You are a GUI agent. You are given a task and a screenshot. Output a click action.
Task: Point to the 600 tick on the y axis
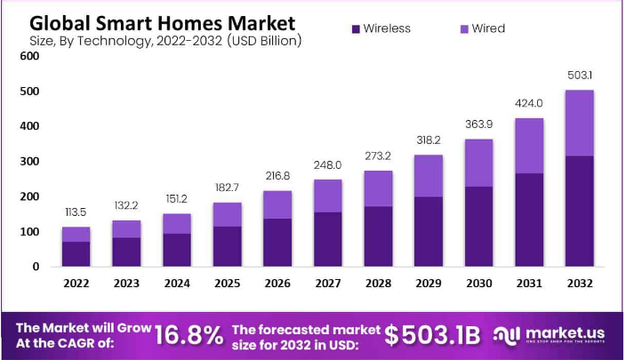[30, 56]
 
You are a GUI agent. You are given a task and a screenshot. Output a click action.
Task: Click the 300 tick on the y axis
[30, 162]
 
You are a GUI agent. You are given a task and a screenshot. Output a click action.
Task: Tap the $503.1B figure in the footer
[432, 335]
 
